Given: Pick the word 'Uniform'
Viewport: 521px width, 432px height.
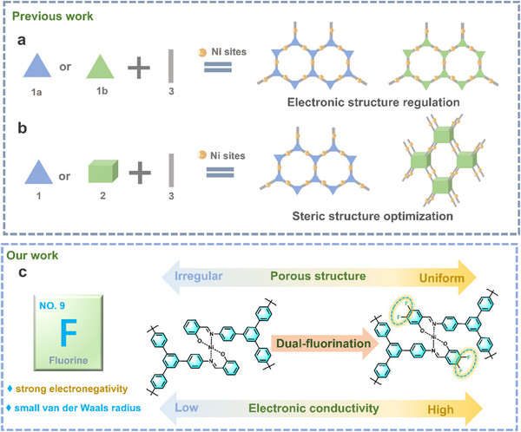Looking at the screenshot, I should click(x=452, y=277).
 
